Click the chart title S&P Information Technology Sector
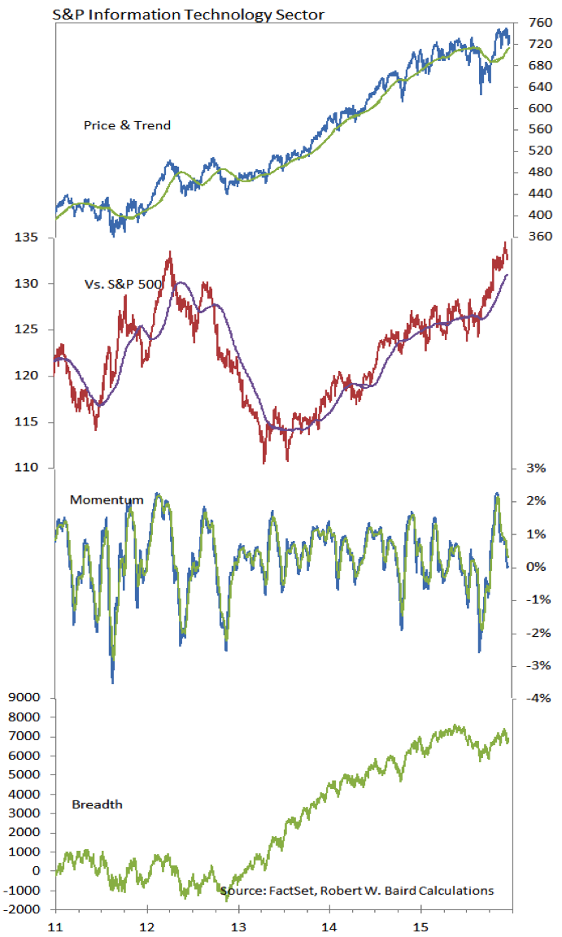(188, 15)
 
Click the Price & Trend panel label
(127, 125)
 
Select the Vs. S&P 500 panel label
(124, 284)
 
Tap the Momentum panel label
(107, 499)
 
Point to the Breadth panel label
(97, 804)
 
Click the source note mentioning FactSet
(357, 891)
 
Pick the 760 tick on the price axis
(541, 23)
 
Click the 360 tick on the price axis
(541, 236)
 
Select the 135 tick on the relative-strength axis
(26, 238)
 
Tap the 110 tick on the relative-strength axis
(26, 468)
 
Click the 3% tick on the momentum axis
(536, 468)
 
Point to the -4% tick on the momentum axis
(538, 698)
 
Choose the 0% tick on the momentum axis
(536, 566)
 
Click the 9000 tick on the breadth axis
(24, 697)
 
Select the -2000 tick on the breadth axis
(22, 909)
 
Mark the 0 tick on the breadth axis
(37, 870)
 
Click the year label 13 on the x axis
(238, 927)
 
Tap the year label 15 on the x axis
(421, 927)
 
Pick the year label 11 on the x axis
(55, 927)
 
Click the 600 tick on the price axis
(541, 108)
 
